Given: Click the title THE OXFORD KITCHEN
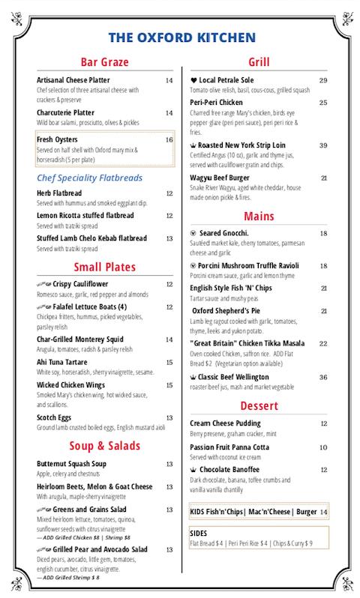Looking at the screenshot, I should click(181, 37).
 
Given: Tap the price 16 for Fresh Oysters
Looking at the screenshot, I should click(169, 139).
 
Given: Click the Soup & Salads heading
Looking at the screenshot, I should click(105, 446).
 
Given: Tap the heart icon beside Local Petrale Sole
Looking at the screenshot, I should click(193, 80).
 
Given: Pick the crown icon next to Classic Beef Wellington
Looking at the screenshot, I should click(193, 377).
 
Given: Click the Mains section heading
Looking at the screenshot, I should click(259, 217).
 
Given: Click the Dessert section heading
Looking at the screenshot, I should click(259, 406).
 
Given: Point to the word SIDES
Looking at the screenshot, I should click(199, 533).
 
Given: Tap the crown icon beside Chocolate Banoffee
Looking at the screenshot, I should click(193, 470).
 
